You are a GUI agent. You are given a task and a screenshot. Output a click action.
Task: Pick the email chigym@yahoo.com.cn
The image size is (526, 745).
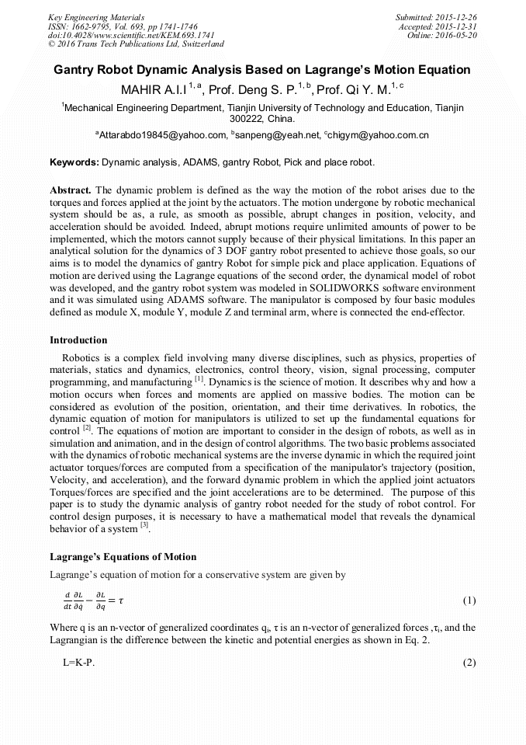(x=378, y=135)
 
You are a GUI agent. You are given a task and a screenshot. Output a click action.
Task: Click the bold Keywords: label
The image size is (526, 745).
(x=74, y=163)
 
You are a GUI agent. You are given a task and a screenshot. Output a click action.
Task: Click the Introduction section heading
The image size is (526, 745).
(x=78, y=340)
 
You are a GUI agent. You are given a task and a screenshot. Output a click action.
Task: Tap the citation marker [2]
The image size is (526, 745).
(x=88, y=427)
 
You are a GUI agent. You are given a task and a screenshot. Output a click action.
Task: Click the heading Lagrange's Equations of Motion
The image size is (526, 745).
(x=123, y=557)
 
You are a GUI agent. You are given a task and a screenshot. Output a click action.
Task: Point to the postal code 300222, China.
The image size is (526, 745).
(x=263, y=119)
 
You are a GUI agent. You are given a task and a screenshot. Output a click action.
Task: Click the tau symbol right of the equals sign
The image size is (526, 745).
(x=119, y=601)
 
